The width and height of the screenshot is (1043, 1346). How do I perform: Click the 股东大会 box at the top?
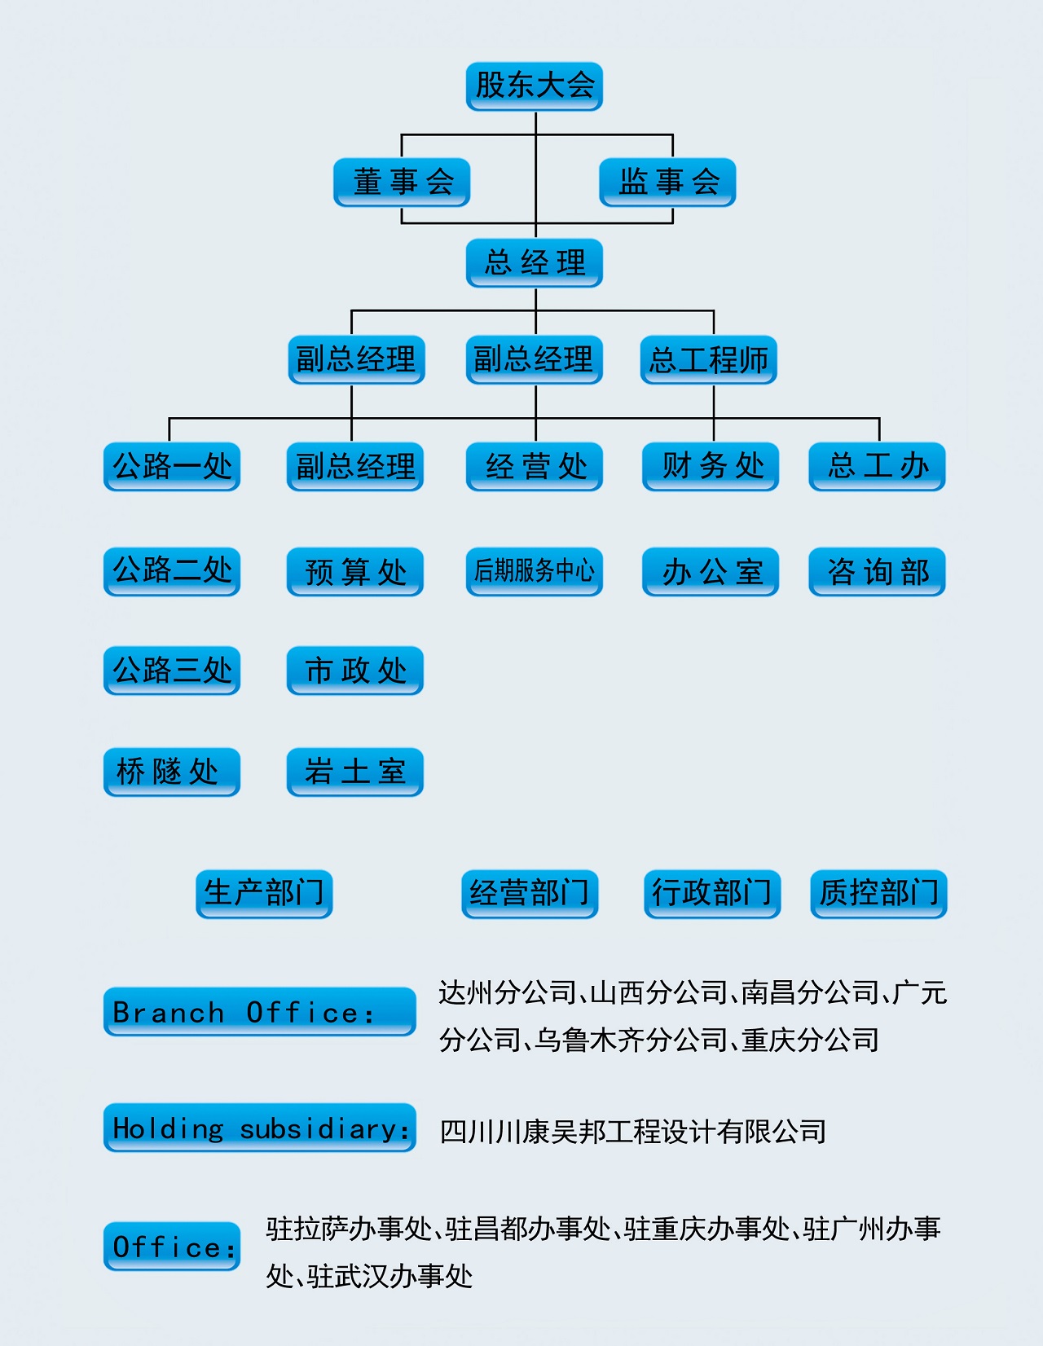pyautogui.click(x=534, y=86)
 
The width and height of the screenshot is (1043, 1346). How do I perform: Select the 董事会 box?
pyautogui.click(x=402, y=182)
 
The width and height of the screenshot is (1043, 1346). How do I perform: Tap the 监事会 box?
pyautogui.click(x=667, y=182)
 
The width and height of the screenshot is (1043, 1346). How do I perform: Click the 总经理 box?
pyautogui.click(x=534, y=262)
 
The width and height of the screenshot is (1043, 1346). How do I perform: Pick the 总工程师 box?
pyautogui.click(x=708, y=359)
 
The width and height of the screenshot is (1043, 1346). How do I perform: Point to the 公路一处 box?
pyautogui.click(x=172, y=466)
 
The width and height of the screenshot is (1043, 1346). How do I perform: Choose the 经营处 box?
pyautogui.click(x=534, y=466)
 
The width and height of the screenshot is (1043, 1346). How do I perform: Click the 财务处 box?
pyautogui.click(x=711, y=466)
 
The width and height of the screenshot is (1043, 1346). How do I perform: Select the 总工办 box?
pyautogui.click(x=877, y=466)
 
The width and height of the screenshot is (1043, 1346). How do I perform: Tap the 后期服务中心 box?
pyautogui.click(x=534, y=571)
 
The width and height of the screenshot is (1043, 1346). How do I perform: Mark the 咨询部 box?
pyautogui.click(x=877, y=571)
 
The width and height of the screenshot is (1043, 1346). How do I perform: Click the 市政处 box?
pyautogui.click(x=355, y=670)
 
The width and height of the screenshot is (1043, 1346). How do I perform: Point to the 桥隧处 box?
pyautogui.click(x=172, y=771)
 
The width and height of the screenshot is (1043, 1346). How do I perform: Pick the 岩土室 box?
pyautogui.click(x=355, y=771)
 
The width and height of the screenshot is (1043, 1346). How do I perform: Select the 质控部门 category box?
pyautogui.click(x=878, y=893)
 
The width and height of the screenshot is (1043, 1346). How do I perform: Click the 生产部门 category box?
pyautogui.click(x=264, y=893)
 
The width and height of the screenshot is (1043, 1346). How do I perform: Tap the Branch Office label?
pyautogui.click(x=259, y=1011)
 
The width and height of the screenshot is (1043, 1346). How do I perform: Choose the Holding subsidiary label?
pyautogui.click(x=259, y=1128)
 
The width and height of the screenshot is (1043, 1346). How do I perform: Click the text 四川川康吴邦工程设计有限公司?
pyautogui.click(x=632, y=1131)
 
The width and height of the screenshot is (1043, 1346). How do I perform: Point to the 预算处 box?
pyautogui.click(x=355, y=571)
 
